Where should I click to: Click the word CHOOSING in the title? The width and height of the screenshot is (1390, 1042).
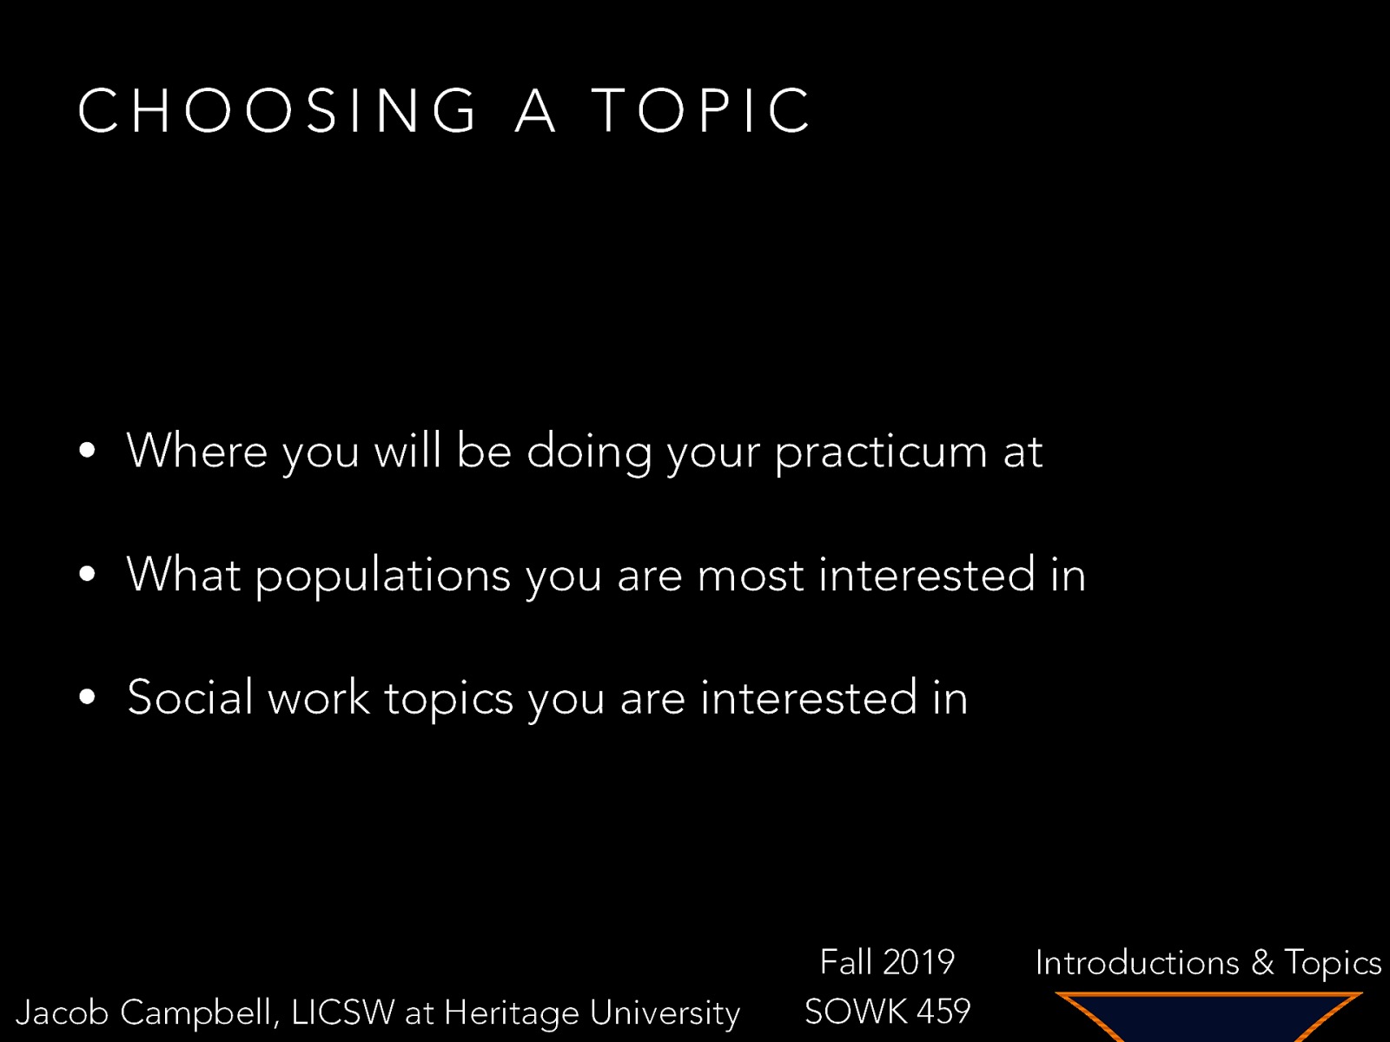pos(277,110)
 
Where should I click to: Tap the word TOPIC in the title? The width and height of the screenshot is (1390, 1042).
pos(701,110)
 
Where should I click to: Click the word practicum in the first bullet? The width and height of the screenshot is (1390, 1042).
pos(881,452)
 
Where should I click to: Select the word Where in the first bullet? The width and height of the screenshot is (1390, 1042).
pos(197,451)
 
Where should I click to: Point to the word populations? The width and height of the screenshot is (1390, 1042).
pos(382,576)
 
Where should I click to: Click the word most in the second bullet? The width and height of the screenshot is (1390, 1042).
pos(751,576)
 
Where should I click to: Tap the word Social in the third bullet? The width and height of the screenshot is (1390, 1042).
pos(189,697)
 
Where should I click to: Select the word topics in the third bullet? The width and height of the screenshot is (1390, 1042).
pos(448,699)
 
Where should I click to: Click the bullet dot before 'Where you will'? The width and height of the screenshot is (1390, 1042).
pos(86,451)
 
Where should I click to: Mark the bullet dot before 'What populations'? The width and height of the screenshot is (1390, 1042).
pos(86,574)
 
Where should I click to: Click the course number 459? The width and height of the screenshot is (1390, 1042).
pos(943,1012)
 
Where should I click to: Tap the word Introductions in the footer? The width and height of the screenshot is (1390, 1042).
pos(1137,962)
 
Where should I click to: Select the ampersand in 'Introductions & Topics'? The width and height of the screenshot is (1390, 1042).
pos(1262,962)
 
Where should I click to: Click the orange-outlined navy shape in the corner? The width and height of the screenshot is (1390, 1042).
pos(1208,1016)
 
